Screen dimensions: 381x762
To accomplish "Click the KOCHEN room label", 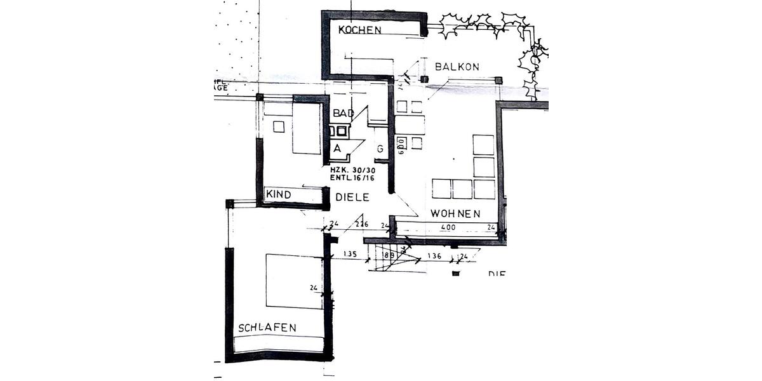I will click(359, 30).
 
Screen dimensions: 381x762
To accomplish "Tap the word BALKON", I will click(457, 67).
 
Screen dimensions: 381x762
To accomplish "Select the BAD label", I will click(343, 113).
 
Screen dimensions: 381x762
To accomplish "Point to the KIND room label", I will click(278, 195).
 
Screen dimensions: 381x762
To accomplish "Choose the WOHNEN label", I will click(455, 213).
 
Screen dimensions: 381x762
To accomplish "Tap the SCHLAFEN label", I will click(267, 328).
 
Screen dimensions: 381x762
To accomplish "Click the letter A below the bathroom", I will click(338, 148).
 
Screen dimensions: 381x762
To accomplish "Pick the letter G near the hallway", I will click(380, 149).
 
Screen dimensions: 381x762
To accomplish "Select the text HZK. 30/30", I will click(352, 170).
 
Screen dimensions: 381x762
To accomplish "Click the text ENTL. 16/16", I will click(352, 178).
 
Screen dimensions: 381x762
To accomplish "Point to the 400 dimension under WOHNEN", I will click(448, 227).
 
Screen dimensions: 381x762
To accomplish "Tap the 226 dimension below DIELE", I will click(361, 224).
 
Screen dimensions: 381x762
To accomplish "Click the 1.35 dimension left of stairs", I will click(350, 255).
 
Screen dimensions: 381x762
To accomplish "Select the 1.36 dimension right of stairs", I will click(434, 256).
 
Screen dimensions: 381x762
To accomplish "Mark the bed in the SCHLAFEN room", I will click(295, 281).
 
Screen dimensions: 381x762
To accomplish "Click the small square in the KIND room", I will click(279, 126).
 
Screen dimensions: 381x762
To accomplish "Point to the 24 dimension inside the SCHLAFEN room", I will click(314, 288).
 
